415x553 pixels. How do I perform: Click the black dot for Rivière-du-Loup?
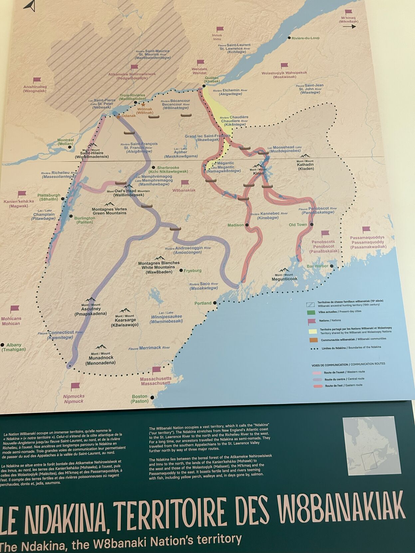289,38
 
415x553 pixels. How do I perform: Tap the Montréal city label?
66,142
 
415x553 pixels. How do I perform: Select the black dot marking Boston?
152,397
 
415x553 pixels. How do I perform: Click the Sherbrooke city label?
168,170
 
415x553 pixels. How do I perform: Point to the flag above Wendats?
200,63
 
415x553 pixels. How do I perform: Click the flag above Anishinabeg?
37,80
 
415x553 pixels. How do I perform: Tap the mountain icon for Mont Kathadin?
304,156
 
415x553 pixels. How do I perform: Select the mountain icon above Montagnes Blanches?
159,258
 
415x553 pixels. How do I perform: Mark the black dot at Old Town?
312,224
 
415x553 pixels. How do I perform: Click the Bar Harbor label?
317,266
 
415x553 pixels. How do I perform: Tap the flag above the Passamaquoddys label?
366,229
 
